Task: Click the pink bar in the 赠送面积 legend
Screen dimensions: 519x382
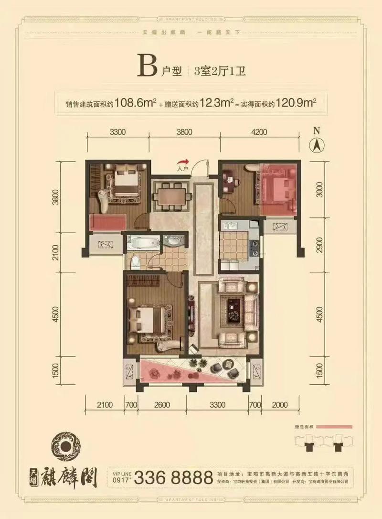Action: coord(334,426)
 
